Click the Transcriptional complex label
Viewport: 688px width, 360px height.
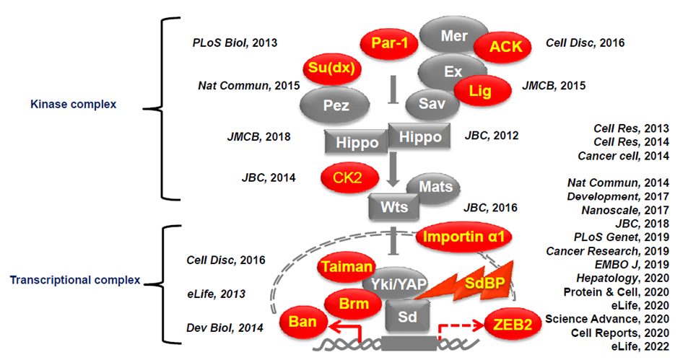(x=74, y=280)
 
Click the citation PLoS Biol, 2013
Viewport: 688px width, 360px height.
(x=235, y=43)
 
